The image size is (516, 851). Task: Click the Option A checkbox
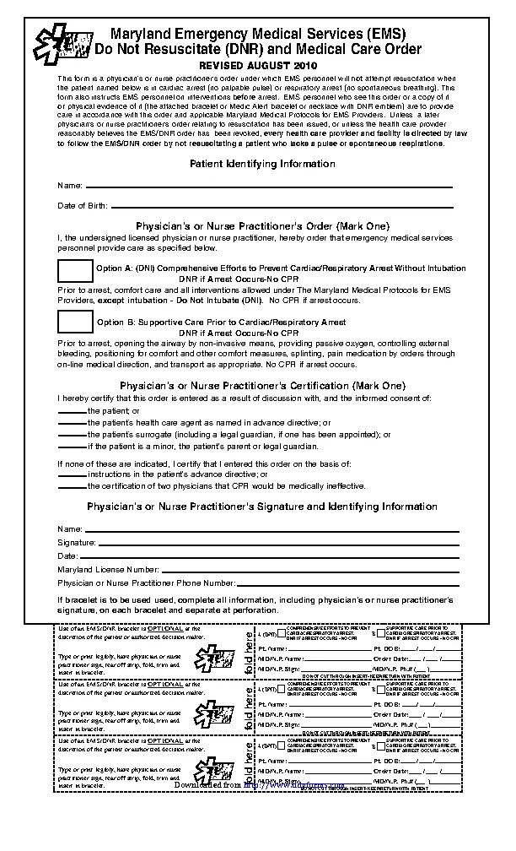[75, 271]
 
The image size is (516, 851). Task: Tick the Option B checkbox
[75, 322]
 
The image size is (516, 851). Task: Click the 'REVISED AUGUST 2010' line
[258, 65]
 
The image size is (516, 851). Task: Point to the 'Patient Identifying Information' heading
[262, 164]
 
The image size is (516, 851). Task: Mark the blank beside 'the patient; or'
[72, 411]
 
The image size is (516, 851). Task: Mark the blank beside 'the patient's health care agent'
[72, 423]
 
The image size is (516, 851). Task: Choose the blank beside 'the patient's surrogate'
[72, 435]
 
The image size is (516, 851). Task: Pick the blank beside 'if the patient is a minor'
[72, 447]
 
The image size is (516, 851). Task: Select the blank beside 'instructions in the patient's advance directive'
[72, 476]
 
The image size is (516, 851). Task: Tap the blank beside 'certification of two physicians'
[72, 487]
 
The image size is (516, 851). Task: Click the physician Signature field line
[278, 543]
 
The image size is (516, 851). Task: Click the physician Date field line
[270, 557]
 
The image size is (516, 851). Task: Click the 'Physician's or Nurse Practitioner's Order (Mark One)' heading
[262, 226]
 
